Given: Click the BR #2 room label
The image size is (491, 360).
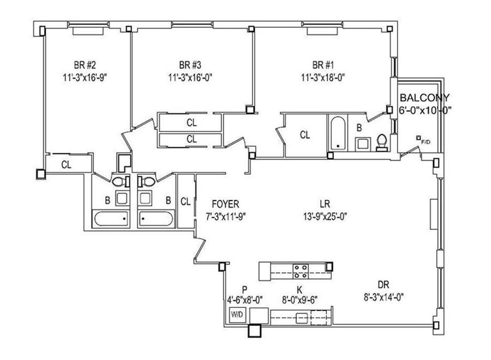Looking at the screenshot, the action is pyautogui.click(x=85, y=65).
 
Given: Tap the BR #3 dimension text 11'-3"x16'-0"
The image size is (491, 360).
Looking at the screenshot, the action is pyautogui.click(x=190, y=77).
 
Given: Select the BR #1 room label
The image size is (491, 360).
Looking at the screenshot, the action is pyautogui.click(x=323, y=65).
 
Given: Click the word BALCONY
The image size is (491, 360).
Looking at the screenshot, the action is pyautogui.click(x=424, y=98).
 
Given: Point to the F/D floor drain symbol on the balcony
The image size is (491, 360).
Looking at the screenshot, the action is pyautogui.click(x=418, y=137).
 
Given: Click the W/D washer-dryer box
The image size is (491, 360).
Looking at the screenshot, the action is pyautogui.click(x=237, y=315).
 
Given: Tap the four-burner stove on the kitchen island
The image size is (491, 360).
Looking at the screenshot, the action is pyautogui.click(x=301, y=272).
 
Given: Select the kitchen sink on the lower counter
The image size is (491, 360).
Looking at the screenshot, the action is pyautogui.click(x=303, y=318).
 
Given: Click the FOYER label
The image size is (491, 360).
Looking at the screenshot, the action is pyautogui.click(x=225, y=204).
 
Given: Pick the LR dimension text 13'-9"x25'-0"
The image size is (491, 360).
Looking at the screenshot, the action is pyautogui.click(x=325, y=217).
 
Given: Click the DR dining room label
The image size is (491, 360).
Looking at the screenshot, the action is pyautogui.click(x=384, y=285).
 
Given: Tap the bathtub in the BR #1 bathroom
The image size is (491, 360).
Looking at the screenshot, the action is pyautogui.click(x=338, y=133).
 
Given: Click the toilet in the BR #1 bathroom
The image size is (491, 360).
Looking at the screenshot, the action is pyautogui.click(x=382, y=142).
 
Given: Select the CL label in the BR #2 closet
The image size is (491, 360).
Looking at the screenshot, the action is pyautogui.click(x=66, y=164).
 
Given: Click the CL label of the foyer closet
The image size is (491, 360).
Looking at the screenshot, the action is pyautogui.click(x=185, y=202).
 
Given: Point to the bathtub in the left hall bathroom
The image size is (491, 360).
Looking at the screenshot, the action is pyautogui.click(x=111, y=219).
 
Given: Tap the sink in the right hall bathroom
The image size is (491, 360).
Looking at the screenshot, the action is pyautogui.click(x=145, y=198).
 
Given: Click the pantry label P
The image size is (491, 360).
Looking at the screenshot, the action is pyautogui.click(x=244, y=289).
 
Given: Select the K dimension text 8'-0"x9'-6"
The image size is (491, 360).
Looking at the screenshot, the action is pyautogui.click(x=300, y=300).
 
